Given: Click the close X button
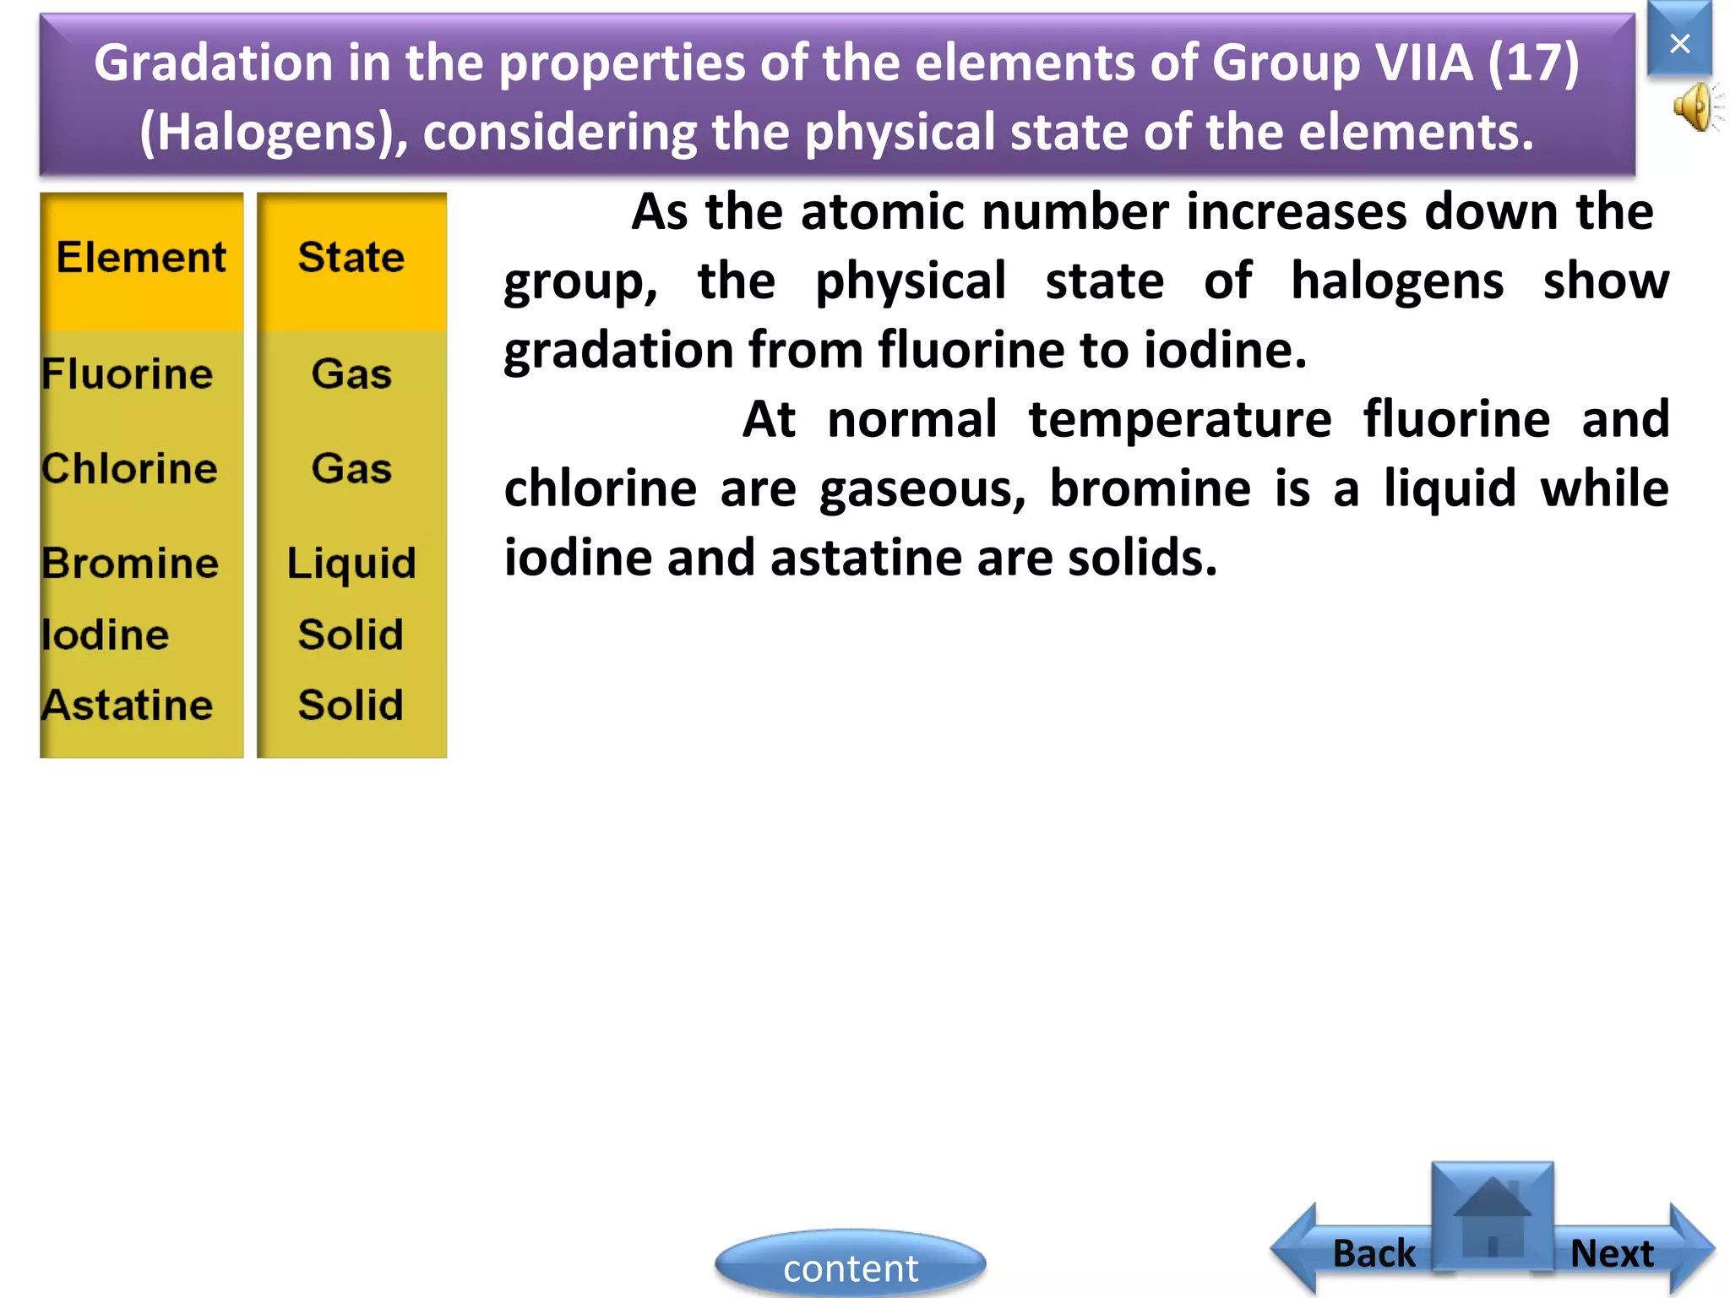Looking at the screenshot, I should tap(1679, 42).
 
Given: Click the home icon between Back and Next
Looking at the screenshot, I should tap(1493, 1214).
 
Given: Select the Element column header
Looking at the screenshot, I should tap(141, 257).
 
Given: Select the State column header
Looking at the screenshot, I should tap(351, 257).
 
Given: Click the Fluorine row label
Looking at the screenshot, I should tap(128, 374).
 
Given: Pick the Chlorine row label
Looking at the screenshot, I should tap(129, 468).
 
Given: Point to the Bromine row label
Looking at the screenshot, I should tap(130, 563).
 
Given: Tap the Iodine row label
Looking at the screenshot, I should tap(106, 635).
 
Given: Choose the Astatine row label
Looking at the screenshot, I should tap(128, 705).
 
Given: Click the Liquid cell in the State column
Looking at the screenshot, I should tap(351, 563).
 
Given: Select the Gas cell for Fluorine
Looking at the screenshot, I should tap(351, 374).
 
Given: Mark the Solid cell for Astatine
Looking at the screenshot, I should tap(351, 705).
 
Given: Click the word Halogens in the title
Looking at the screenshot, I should tap(268, 133).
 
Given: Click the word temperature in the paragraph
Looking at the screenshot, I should tap(1180, 419).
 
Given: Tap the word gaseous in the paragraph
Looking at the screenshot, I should tap(922, 489).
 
